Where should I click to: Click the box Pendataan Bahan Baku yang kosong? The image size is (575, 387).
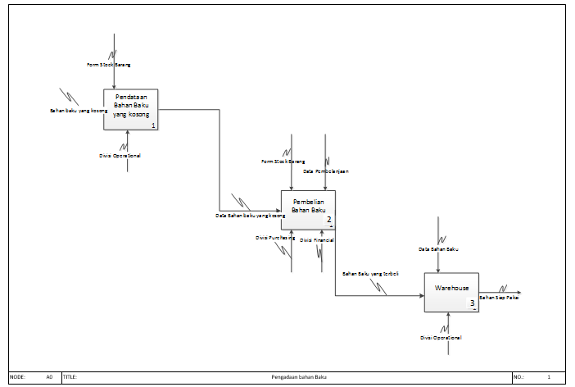click(130, 110)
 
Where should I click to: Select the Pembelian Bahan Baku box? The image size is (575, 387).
click(308, 209)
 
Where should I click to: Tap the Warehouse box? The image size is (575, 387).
click(451, 292)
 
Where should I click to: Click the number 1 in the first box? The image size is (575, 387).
click(153, 125)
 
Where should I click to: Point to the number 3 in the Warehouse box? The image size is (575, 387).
click(473, 304)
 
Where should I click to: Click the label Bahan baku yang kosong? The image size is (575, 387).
click(79, 110)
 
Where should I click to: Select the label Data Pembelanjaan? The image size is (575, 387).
click(326, 171)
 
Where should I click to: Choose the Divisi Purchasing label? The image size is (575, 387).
click(275, 238)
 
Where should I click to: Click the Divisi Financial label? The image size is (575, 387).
click(317, 239)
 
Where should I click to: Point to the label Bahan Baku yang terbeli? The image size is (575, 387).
click(370, 273)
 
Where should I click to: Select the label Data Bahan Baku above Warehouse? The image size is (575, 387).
click(438, 248)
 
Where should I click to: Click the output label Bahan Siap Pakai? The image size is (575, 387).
click(499, 298)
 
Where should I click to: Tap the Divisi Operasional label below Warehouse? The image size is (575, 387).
click(441, 338)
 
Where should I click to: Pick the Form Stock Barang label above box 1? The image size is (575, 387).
click(109, 63)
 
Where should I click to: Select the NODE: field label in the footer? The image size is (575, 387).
click(17, 376)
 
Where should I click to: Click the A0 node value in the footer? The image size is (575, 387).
click(49, 376)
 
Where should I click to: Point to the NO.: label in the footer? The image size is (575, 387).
click(519, 376)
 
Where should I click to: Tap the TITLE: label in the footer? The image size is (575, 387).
click(70, 376)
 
